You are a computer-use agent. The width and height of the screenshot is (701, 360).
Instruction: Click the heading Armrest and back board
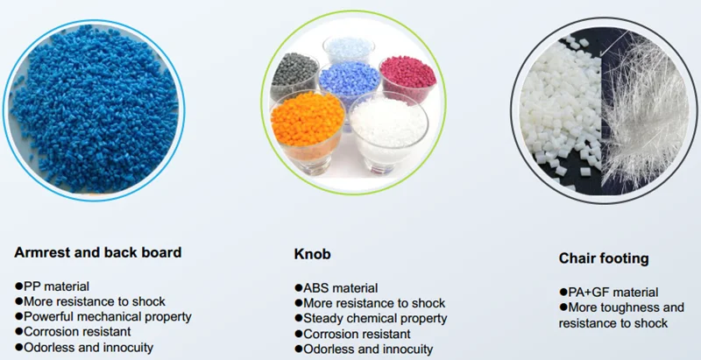[98, 252]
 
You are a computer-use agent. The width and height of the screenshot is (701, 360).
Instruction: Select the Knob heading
[313, 254]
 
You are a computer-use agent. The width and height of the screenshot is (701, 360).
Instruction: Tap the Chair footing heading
[604, 258]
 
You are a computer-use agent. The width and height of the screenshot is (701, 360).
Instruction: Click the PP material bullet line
[53, 286]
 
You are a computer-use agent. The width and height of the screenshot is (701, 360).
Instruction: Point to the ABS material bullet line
[336, 288]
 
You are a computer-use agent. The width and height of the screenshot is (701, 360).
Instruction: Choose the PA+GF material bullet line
[609, 293]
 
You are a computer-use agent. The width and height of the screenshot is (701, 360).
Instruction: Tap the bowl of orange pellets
[308, 131]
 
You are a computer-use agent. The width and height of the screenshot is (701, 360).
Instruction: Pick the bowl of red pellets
[407, 79]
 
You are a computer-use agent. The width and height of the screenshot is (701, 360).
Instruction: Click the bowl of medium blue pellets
[350, 82]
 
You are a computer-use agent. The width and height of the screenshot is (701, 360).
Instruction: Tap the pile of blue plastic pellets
[94, 109]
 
